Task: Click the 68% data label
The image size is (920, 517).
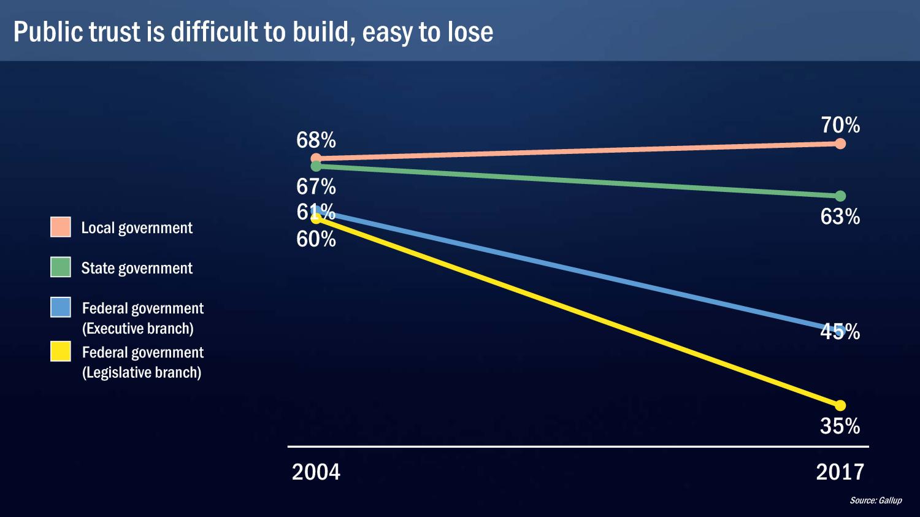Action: (x=316, y=140)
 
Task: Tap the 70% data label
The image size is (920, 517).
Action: (x=840, y=125)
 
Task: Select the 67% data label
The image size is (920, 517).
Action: (x=316, y=186)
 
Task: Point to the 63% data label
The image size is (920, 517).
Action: (x=840, y=217)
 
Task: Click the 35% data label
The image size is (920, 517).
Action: (x=840, y=426)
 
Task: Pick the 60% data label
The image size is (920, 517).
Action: (x=316, y=239)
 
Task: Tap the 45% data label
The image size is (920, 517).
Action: (x=840, y=332)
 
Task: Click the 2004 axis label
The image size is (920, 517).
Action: (x=316, y=472)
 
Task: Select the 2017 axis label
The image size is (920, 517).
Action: (x=840, y=472)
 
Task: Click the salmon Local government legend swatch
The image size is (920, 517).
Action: (x=61, y=227)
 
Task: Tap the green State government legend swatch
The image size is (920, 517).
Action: (x=61, y=267)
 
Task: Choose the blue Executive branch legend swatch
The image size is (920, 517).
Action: (x=61, y=307)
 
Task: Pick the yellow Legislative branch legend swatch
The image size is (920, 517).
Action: (x=61, y=351)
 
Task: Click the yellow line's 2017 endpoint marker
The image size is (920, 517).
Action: (x=840, y=405)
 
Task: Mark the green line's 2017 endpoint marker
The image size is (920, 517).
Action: (x=840, y=196)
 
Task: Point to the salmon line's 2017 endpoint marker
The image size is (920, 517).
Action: (x=840, y=144)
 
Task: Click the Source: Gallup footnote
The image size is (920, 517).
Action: (x=875, y=500)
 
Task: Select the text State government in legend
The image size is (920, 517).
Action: (x=137, y=268)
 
